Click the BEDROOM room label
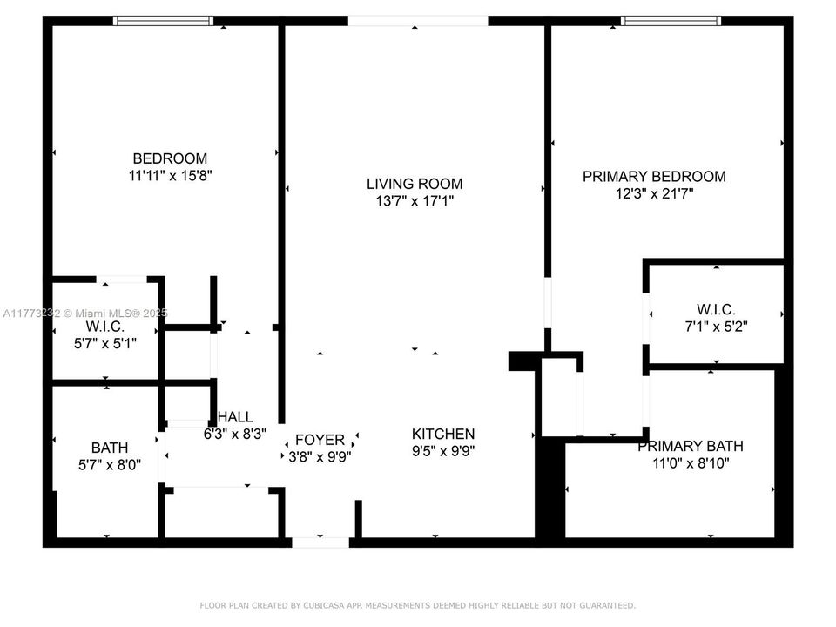170,158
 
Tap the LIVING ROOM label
414,184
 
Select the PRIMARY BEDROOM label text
653,177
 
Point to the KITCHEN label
443,434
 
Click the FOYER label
320,440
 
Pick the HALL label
235,417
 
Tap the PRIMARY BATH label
690,447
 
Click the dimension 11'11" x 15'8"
170,175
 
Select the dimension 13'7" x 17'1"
414,200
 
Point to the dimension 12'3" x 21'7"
653,193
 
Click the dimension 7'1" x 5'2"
716,327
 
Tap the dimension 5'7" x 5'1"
105,342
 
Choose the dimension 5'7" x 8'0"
110,464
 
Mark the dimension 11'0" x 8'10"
690,463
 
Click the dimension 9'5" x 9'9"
443,450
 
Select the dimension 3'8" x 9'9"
320,455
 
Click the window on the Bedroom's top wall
164,20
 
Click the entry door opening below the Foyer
320,542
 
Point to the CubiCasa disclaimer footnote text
418,605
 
